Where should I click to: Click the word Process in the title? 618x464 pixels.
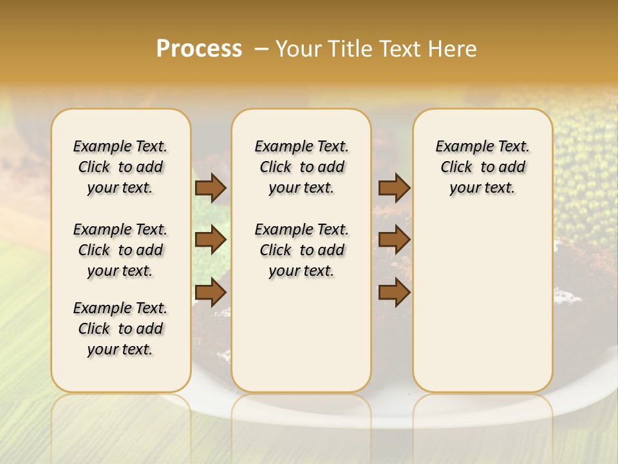(199, 48)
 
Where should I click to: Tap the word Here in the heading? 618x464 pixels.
(453, 49)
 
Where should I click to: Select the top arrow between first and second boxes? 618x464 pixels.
(211, 188)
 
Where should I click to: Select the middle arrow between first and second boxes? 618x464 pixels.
(211, 240)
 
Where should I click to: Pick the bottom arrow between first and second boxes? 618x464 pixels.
(211, 293)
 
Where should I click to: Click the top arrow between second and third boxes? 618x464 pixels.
(394, 188)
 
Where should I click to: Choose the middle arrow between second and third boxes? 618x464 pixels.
(394, 240)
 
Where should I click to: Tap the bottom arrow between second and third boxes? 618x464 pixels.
(394, 293)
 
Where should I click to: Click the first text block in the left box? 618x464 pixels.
(120, 167)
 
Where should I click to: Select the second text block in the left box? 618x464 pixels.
(120, 250)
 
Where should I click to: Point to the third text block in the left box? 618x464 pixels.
(120, 329)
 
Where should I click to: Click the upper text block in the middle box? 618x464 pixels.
(301, 167)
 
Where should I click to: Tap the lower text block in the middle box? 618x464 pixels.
(301, 250)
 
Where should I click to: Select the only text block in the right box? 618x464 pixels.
(482, 167)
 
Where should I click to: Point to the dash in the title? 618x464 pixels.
(261, 49)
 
